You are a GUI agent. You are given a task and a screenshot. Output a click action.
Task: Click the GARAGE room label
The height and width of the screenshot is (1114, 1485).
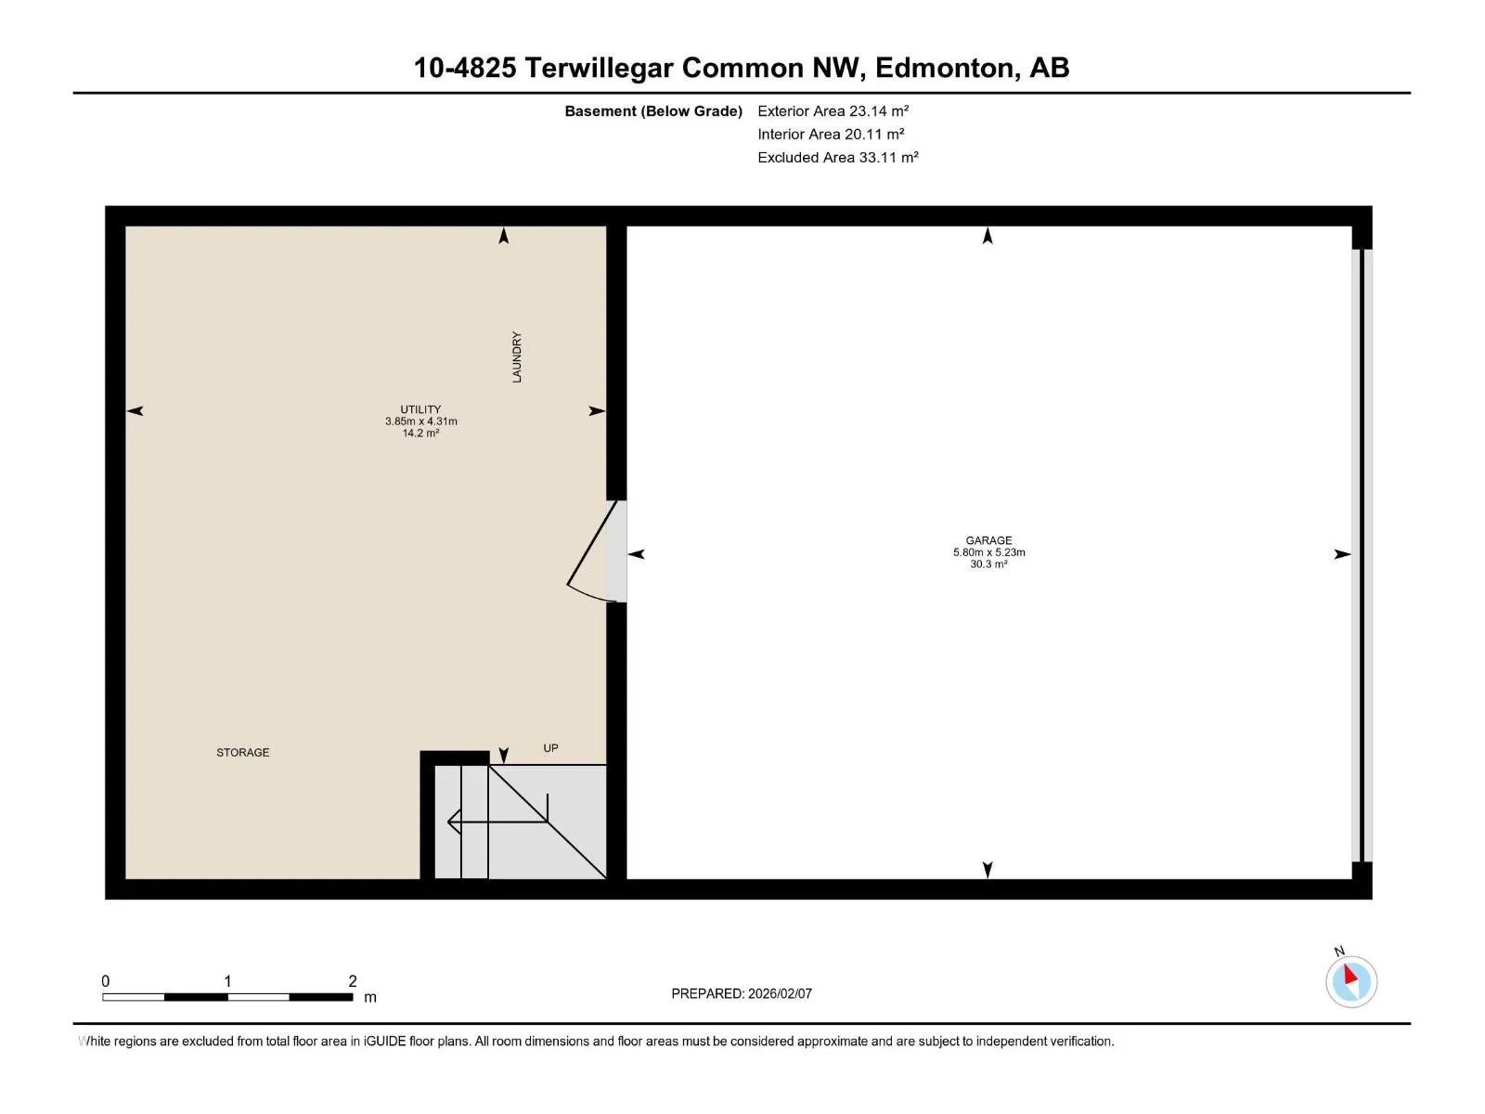988,540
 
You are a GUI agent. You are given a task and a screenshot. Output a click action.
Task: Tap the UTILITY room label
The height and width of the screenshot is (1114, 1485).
420,409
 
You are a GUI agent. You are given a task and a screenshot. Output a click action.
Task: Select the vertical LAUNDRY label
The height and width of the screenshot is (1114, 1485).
517,357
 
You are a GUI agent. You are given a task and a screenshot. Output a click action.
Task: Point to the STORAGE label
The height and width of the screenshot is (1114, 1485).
243,752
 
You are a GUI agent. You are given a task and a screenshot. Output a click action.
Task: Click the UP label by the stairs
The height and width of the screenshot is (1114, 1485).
550,748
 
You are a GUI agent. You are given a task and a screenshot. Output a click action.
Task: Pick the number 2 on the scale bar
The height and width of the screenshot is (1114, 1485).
353,980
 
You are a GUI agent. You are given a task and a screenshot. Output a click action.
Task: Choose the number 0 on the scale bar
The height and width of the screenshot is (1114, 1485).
106,980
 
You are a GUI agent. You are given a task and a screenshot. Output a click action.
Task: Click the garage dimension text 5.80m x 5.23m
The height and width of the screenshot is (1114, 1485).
989,552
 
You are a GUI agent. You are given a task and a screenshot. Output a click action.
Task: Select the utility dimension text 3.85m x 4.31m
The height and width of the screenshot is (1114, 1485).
420,421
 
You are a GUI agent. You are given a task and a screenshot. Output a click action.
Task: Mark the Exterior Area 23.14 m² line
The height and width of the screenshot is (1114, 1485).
833,110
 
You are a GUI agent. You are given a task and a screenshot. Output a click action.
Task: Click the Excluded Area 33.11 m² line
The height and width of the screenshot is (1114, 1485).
837,158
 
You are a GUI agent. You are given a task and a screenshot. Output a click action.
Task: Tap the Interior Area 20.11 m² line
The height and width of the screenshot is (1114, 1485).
831,134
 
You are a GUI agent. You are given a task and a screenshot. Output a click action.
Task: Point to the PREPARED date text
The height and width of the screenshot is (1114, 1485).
742,993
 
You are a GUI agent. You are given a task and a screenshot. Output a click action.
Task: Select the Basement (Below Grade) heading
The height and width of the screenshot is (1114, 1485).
653,110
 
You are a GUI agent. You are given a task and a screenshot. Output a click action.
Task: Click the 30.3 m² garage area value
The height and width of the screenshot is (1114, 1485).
988,564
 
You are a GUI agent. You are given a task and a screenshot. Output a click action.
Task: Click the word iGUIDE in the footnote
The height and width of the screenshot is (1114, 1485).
384,1041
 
